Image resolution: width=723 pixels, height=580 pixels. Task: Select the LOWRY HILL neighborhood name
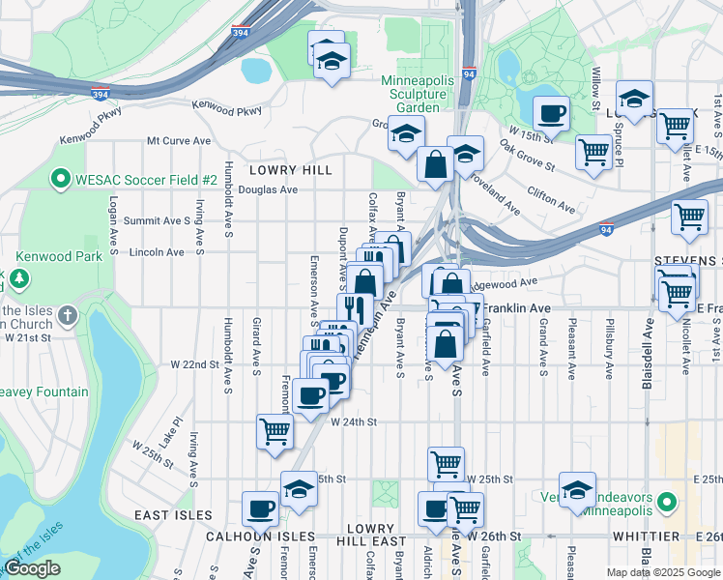[291, 170]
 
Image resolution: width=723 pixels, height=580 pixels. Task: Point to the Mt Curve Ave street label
[179, 141]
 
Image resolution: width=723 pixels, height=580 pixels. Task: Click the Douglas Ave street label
[275, 190]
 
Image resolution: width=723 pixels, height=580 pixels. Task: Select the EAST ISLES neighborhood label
[165, 516]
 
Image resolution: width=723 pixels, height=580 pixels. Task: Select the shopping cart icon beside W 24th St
[275, 431]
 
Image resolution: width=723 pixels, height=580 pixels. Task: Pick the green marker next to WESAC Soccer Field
[59, 180]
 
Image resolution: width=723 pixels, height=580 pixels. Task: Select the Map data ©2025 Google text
[662, 572]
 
